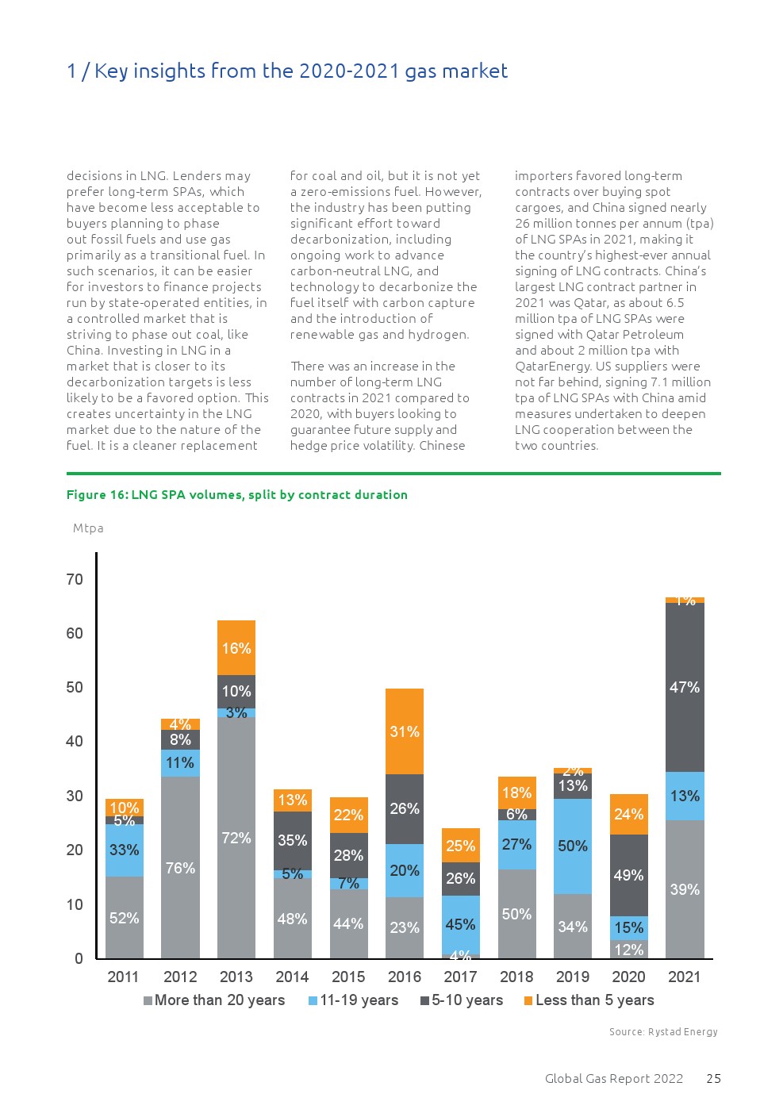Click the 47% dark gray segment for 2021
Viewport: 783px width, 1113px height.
(x=684, y=687)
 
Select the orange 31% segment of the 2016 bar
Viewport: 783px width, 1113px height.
(x=405, y=731)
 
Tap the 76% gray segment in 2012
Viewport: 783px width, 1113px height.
(x=180, y=867)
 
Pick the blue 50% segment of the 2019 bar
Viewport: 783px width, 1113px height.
(x=573, y=846)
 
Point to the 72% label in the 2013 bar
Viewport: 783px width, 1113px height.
(x=236, y=838)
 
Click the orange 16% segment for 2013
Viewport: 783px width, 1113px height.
(x=236, y=647)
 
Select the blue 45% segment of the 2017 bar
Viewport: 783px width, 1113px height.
(x=460, y=924)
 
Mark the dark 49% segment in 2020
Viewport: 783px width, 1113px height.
(x=628, y=875)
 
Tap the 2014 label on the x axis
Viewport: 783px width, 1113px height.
(x=292, y=977)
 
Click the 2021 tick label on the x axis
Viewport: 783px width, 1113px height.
(x=684, y=977)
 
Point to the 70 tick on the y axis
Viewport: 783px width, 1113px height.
(x=75, y=579)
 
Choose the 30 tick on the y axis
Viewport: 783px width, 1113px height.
(x=75, y=796)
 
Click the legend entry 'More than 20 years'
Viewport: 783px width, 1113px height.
(x=214, y=1000)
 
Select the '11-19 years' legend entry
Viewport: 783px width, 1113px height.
(x=354, y=1000)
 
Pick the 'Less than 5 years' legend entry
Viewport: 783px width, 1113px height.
(x=589, y=1000)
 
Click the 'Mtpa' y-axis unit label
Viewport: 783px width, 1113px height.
(x=88, y=528)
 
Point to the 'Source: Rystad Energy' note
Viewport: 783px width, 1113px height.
(x=663, y=1032)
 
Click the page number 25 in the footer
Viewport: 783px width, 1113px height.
(x=714, y=1079)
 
